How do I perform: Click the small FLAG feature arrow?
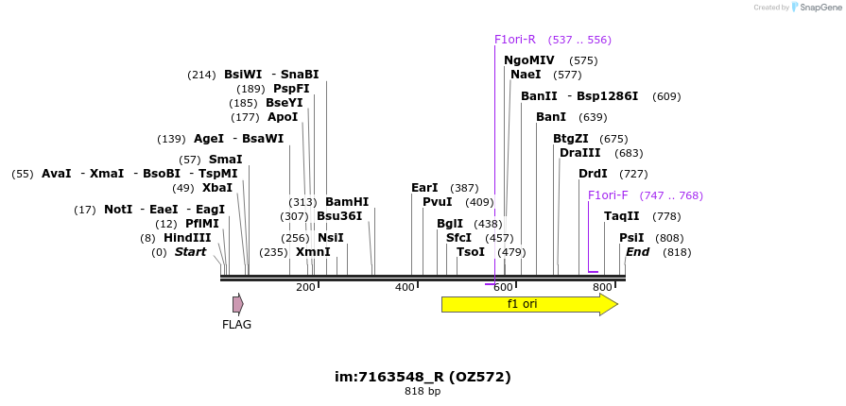[x=238, y=304]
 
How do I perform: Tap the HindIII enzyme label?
[x=187, y=238]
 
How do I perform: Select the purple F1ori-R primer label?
[x=515, y=40]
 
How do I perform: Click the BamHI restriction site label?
[x=347, y=202]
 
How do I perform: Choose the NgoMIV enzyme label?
[x=529, y=60]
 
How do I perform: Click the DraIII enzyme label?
[x=580, y=153]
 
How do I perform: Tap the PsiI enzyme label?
[x=631, y=238]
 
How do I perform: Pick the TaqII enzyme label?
[x=622, y=217]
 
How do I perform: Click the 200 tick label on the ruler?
[x=305, y=287]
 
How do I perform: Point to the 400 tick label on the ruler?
[x=405, y=287]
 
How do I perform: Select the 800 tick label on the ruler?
[x=602, y=287]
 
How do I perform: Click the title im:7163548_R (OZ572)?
[x=423, y=377]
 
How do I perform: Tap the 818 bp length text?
[x=423, y=391]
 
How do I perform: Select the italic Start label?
[x=190, y=252]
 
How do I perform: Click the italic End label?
[x=638, y=252]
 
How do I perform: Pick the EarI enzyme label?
[x=424, y=188]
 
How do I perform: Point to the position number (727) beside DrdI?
[x=633, y=174]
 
